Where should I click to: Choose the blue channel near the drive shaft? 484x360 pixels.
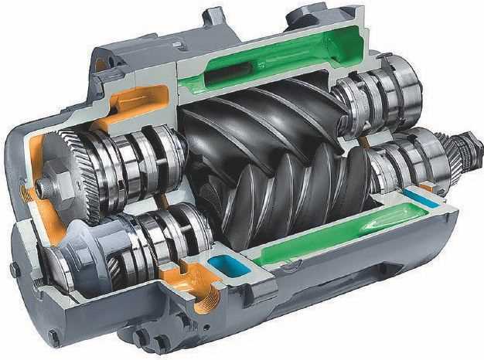(x=421, y=201)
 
